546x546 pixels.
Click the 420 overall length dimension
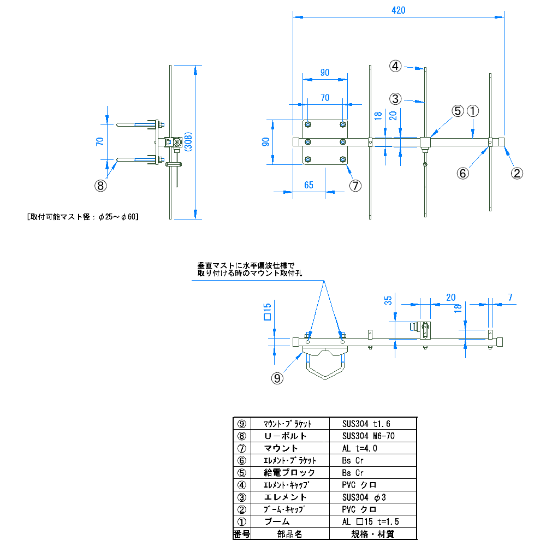click(398, 10)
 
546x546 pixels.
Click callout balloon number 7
click(355, 186)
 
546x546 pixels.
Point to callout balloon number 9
click(278, 377)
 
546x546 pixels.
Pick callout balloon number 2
click(517, 174)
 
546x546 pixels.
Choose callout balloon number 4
click(395, 66)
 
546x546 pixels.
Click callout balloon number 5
click(458, 111)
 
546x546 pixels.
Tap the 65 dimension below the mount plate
click(308, 185)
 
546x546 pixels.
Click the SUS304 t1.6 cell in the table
click(366, 424)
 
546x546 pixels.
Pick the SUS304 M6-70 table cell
click(369, 436)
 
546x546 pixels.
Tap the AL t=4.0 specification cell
click(360, 448)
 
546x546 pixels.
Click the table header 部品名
click(289, 534)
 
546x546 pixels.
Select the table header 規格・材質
click(373, 534)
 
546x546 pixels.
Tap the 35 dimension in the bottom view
click(388, 300)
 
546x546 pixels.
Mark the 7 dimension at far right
click(510, 298)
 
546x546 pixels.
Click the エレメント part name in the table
click(285, 497)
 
